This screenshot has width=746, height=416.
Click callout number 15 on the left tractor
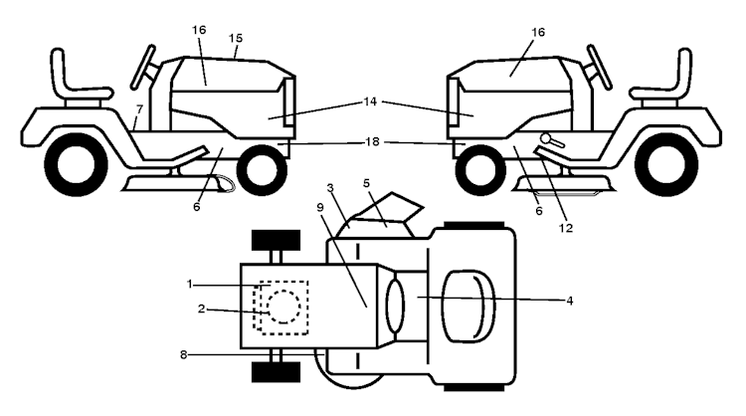[x=235, y=38]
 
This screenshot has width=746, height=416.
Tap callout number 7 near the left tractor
[x=139, y=109]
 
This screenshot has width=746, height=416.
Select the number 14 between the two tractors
[x=370, y=102]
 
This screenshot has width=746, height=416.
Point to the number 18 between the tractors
[x=372, y=142]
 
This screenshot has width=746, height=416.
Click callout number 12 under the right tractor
[x=566, y=228]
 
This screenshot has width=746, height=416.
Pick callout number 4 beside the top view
[x=570, y=301]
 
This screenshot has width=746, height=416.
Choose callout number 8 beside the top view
[x=184, y=354]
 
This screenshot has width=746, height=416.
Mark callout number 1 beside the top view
[x=189, y=285]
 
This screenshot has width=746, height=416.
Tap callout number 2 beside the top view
[x=201, y=309]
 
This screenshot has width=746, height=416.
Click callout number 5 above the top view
[x=366, y=183]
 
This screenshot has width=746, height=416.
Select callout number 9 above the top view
[x=319, y=208]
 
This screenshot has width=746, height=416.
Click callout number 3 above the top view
[x=330, y=188]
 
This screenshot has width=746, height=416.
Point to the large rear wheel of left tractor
[x=77, y=164]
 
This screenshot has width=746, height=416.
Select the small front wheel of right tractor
[x=480, y=170]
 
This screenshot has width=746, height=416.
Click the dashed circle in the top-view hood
[x=284, y=307]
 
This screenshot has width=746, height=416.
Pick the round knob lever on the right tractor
[x=552, y=140]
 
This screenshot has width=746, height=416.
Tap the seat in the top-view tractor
[x=468, y=307]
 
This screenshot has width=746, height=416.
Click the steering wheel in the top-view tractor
[x=395, y=306]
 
